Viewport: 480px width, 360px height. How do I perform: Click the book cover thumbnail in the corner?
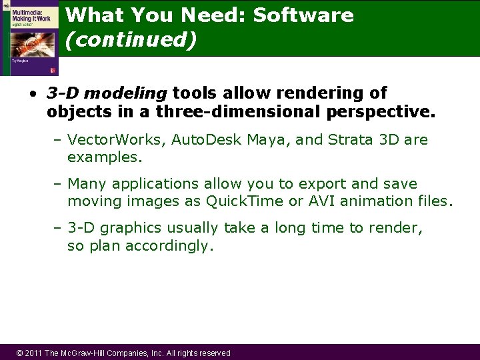tap(29, 38)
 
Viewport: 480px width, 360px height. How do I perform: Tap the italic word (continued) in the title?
tap(131, 40)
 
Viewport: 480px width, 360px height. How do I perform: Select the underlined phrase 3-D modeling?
tap(107, 93)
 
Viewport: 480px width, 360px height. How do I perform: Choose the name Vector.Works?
tap(117, 140)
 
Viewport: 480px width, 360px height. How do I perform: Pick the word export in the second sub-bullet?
tap(313, 183)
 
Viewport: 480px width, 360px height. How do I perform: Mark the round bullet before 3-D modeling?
tap(33, 93)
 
